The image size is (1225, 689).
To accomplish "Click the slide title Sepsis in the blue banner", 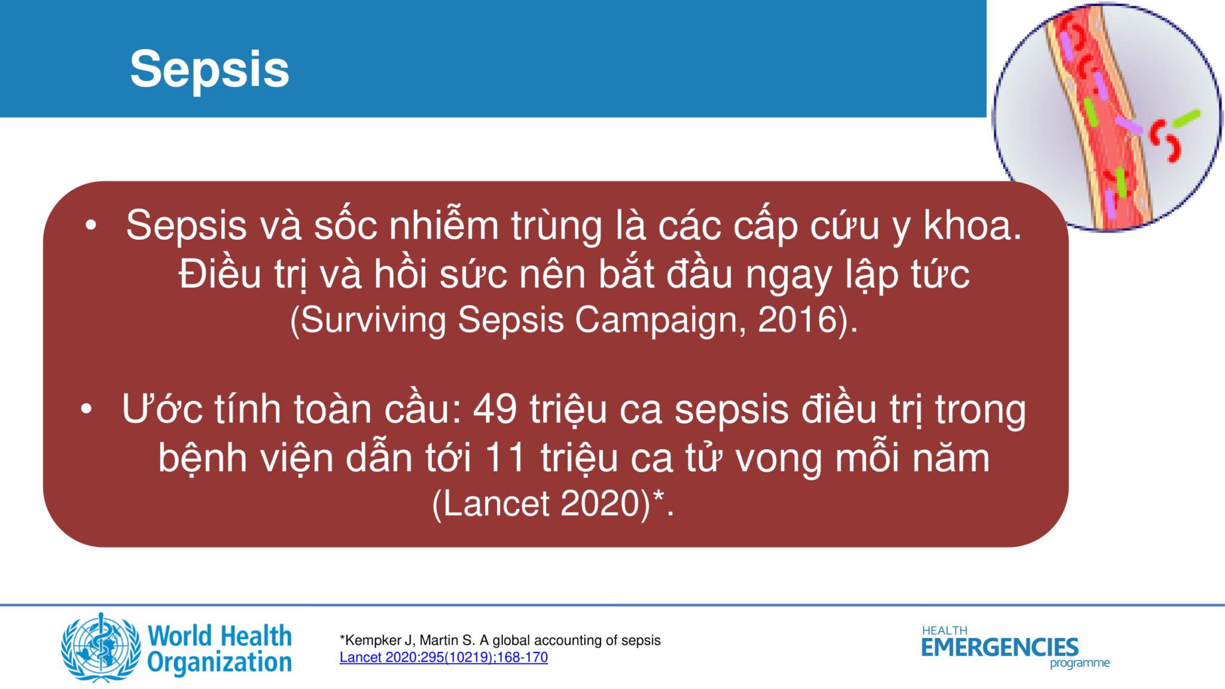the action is click(x=209, y=69).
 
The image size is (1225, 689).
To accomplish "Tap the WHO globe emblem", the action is click(x=100, y=647).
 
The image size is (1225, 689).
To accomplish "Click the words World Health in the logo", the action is click(x=220, y=636).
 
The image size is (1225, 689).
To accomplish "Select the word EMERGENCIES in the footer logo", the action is click(x=999, y=647).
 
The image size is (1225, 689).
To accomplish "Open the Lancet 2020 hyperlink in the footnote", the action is click(x=444, y=657).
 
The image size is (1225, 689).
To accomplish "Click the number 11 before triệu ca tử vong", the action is click(x=506, y=458).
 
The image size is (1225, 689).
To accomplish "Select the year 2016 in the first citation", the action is click(x=797, y=319).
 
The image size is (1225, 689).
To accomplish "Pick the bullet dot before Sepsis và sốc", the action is click(x=91, y=225).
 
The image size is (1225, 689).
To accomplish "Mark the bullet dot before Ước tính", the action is click(x=87, y=410).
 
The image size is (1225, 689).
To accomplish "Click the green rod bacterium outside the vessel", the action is click(x=1187, y=118).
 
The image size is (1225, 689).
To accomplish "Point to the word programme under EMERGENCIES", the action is click(x=1080, y=663).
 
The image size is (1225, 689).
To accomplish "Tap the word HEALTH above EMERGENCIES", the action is click(x=944, y=630).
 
